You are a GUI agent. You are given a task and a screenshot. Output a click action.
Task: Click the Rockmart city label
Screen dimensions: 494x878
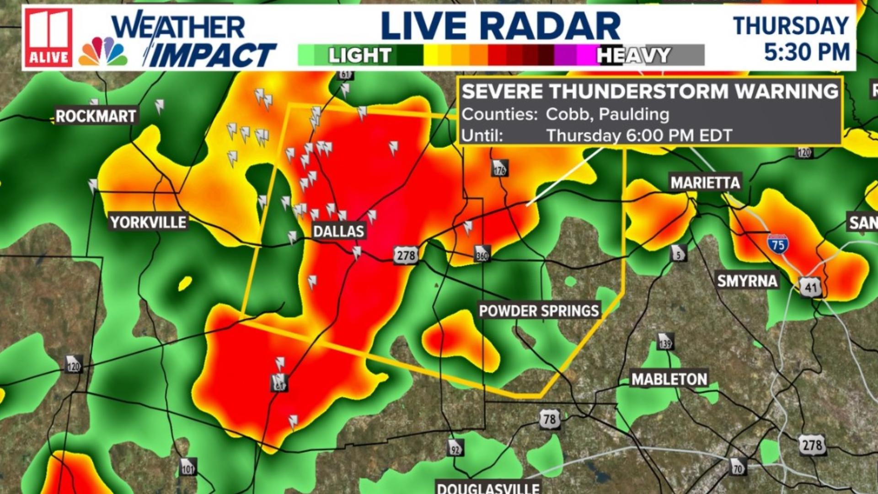96,116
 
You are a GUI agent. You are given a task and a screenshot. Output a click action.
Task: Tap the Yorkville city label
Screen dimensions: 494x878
148,222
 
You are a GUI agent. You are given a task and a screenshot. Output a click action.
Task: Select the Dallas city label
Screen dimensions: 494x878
338,231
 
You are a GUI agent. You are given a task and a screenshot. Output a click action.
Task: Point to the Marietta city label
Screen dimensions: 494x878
705,183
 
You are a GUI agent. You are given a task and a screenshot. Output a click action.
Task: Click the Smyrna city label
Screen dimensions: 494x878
747,281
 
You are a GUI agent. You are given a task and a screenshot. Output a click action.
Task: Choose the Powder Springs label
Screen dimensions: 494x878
539,311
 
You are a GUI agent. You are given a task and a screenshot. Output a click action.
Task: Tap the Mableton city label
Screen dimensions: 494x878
669,379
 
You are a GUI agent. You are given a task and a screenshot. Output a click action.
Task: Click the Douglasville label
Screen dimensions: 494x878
488,488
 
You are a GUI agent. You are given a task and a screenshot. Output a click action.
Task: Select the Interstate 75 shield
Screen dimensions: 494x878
778,244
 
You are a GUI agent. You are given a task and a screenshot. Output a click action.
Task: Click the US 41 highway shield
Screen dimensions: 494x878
811,287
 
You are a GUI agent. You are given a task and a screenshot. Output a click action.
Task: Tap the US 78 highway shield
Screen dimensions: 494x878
549,419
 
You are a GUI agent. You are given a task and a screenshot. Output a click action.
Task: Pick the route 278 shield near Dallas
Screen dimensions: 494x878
406,255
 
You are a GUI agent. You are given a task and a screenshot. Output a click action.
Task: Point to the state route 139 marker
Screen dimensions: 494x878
665,342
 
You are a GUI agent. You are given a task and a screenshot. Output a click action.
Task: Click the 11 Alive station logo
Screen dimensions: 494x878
48,38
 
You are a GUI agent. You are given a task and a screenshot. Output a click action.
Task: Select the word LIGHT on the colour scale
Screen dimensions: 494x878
359,55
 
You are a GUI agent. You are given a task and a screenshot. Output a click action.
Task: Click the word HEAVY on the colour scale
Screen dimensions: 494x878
633,55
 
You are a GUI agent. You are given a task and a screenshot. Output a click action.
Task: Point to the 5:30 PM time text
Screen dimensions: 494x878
806,52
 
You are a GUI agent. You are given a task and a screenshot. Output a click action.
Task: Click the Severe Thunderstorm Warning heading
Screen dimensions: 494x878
649,92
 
